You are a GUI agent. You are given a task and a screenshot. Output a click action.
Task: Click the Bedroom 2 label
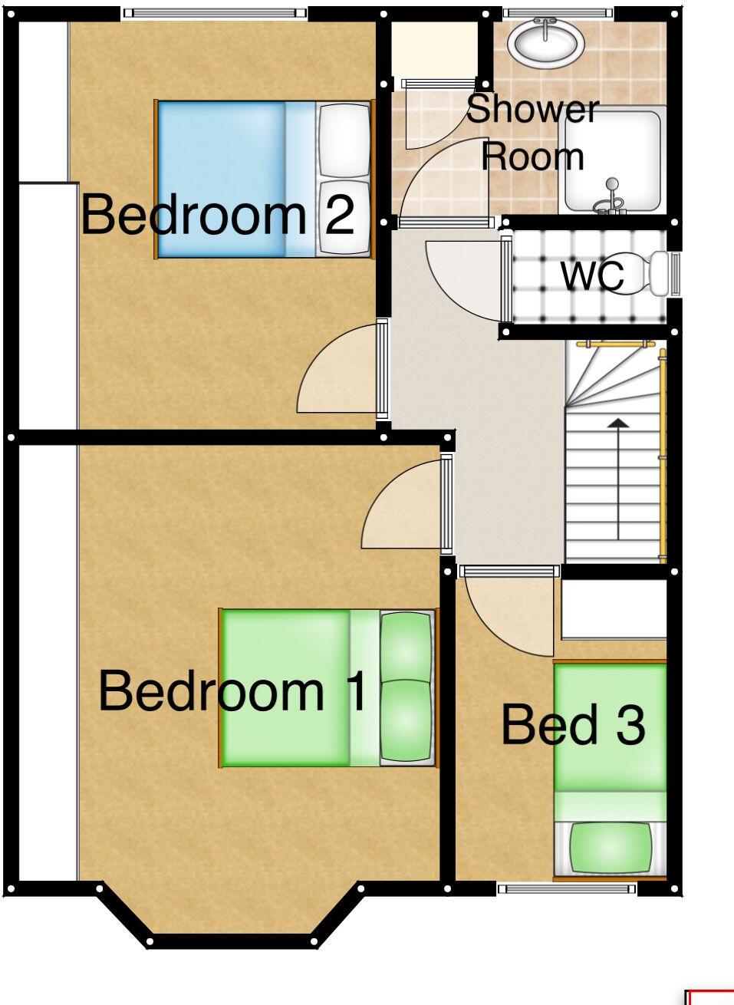tap(218, 216)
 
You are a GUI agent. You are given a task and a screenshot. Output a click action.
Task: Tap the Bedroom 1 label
tap(233, 691)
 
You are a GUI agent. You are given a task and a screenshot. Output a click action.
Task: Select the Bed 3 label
tap(572, 725)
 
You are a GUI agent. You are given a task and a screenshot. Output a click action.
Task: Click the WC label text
tap(592, 276)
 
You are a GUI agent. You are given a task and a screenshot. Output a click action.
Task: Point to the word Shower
tap(532, 110)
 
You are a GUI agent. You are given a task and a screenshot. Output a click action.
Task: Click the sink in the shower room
tap(546, 43)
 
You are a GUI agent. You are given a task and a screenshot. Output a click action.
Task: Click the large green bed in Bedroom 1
tap(299, 687)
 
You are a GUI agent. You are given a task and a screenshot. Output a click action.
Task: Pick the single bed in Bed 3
tap(610, 767)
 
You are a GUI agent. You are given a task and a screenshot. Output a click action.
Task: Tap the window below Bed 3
tap(567, 889)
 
